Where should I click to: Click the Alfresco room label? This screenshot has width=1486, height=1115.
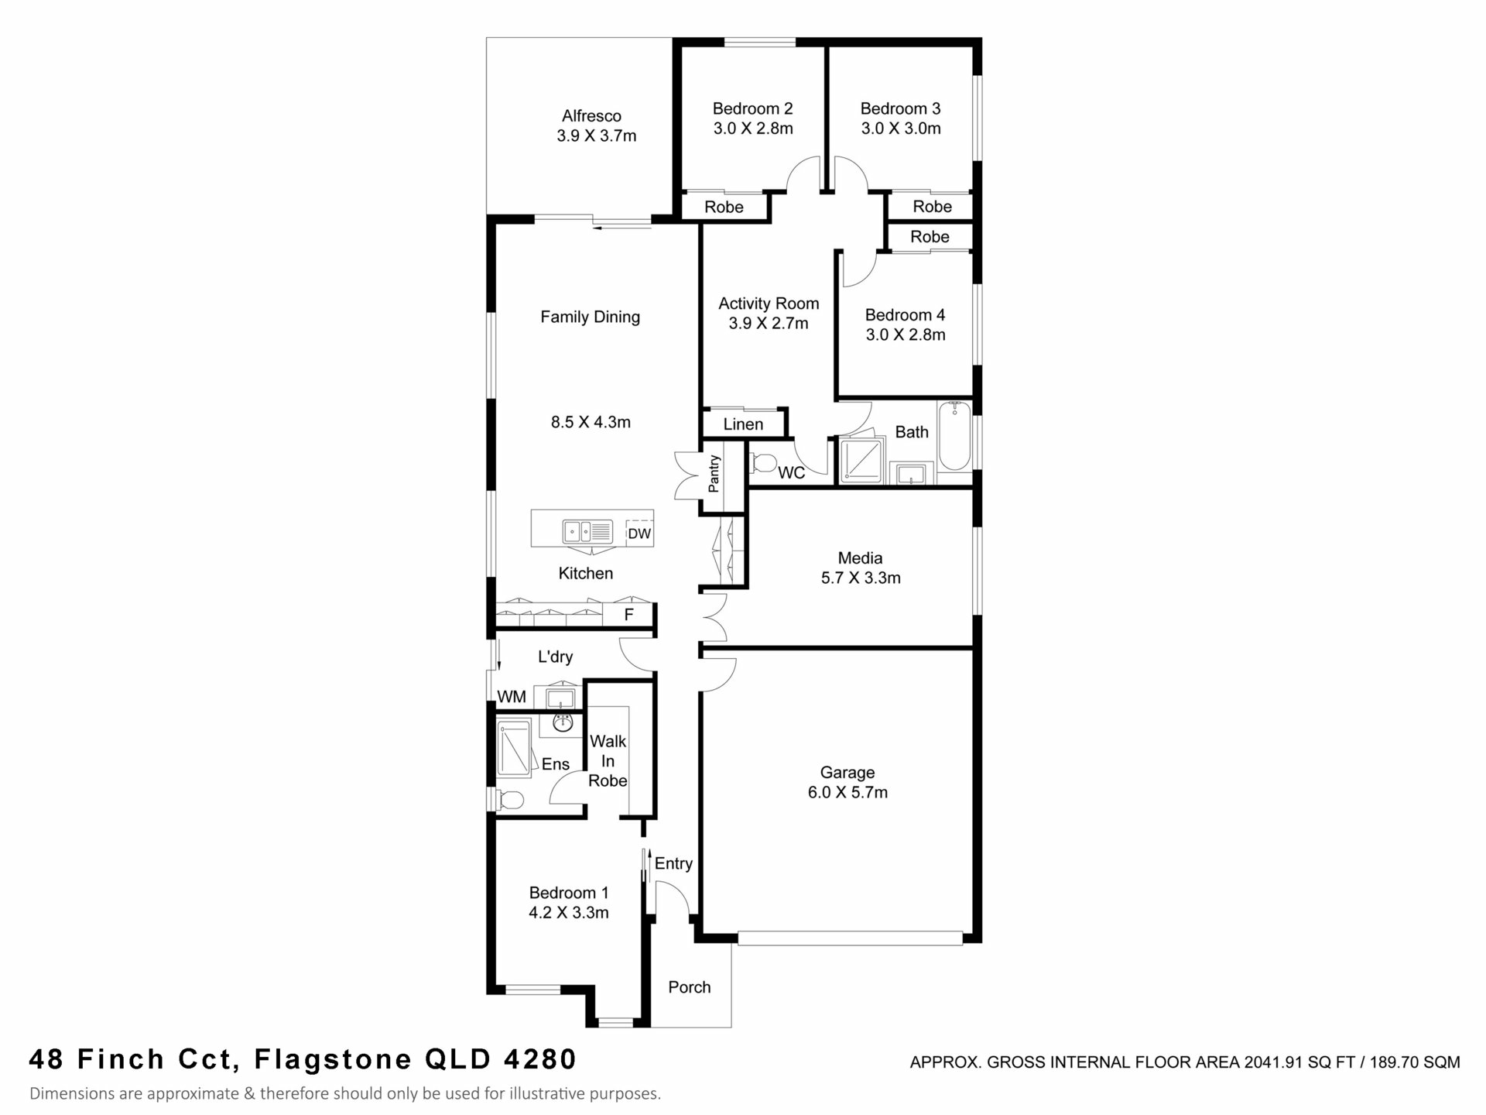591,116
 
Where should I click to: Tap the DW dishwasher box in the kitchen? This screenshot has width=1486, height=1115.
639,533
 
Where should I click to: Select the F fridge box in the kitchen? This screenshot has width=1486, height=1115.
629,615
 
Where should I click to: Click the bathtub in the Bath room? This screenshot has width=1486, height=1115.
954,436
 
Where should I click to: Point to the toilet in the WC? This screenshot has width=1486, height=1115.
763,464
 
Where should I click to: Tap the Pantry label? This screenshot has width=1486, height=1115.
714,474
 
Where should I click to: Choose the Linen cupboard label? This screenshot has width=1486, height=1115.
743,424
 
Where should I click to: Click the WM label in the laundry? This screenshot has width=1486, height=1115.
512,697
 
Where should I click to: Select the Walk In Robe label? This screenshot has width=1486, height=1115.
608,761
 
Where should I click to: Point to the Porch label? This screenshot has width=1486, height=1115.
690,987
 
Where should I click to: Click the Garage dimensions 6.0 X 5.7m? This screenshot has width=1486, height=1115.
847,792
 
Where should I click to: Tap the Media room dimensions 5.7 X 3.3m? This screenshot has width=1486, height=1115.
861,578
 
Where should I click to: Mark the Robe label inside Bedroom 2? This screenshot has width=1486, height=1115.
724,208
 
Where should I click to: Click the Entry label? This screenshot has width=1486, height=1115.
673,864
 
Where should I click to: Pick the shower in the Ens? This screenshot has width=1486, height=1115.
514,748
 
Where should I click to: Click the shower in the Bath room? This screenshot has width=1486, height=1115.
861,461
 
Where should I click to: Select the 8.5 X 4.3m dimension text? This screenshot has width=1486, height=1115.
591,422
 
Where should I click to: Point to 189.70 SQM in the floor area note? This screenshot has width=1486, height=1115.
1415,1062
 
